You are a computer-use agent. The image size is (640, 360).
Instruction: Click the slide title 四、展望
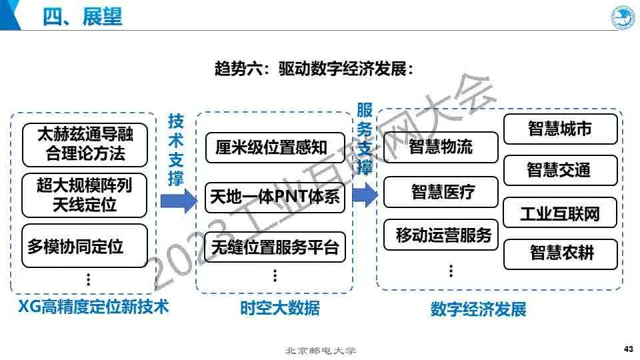click(x=83, y=17)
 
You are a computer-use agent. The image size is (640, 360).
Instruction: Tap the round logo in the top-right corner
click(x=623, y=17)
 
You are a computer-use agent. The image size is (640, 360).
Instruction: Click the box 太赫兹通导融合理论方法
click(x=85, y=144)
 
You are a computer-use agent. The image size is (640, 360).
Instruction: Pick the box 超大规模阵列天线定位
click(x=85, y=195)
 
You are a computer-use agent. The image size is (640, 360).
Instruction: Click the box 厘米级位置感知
click(x=275, y=147)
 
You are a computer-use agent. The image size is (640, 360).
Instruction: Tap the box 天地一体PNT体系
click(x=275, y=197)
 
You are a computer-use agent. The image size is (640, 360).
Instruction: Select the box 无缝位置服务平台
click(x=275, y=248)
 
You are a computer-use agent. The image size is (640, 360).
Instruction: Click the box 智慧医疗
click(x=441, y=193)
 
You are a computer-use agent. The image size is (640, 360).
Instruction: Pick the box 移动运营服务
click(x=441, y=235)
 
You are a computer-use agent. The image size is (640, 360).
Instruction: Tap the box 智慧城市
click(x=560, y=129)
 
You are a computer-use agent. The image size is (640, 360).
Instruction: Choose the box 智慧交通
click(x=560, y=170)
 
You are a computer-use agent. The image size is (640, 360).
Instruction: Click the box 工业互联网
click(x=560, y=213)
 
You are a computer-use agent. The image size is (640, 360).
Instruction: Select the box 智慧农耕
click(x=560, y=253)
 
